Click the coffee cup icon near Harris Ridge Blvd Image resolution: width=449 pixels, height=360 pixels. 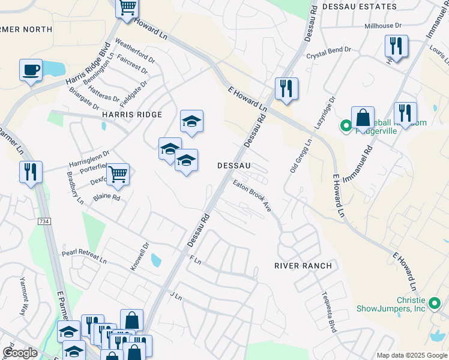point(31,70)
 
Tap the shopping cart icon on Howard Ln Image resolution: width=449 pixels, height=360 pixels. point(127,8)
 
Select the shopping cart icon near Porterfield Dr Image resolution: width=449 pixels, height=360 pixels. point(118,174)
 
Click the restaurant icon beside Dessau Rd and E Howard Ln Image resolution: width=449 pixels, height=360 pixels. point(286,89)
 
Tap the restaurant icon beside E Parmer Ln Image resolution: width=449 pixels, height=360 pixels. point(30,172)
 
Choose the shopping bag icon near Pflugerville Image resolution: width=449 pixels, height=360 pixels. point(363,118)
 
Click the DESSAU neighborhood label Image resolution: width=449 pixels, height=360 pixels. point(233,165)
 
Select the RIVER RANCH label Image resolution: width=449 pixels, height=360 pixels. point(303,265)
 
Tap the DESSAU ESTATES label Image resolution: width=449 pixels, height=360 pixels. point(360,7)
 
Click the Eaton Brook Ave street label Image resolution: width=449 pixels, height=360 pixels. point(253,196)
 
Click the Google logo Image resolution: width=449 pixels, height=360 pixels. point(20,353)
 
